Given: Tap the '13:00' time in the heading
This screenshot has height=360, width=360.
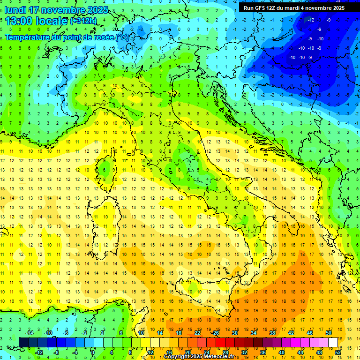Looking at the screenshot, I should click(x=19, y=21).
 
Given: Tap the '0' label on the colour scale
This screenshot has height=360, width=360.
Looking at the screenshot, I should click(x=92, y=352).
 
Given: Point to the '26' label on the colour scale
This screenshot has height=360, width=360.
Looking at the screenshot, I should click(x=216, y=333).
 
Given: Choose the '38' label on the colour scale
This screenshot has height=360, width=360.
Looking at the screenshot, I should click(x=272, y=333).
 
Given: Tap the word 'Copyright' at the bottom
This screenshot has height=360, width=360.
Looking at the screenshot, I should click(x=177, y=357).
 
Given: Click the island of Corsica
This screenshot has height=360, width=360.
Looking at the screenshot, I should click(x=109, y=166).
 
